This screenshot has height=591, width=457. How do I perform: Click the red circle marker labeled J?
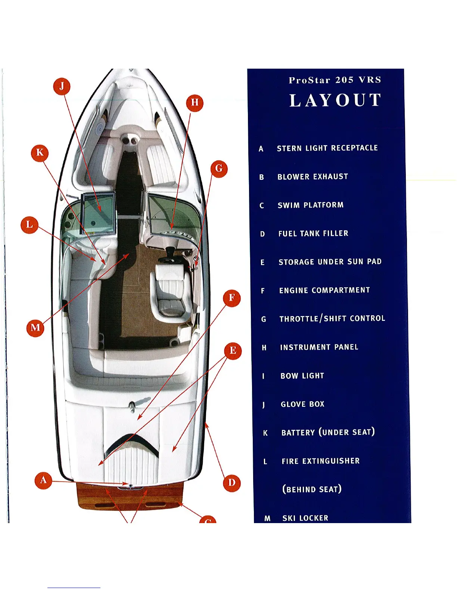62,87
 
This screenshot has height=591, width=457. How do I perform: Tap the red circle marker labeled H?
195,103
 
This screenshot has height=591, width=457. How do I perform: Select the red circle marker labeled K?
40,153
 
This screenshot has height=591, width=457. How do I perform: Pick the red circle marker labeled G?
219,169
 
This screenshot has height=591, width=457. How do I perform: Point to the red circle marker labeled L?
29,225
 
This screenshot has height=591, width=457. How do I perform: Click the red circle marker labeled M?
35,328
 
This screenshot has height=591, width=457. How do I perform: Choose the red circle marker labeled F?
231,298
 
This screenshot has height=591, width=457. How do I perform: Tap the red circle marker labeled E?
233,351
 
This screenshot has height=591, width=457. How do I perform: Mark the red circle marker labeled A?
43,480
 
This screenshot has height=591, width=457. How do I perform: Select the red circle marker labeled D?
231,483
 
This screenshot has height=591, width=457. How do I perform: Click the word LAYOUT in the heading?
335,101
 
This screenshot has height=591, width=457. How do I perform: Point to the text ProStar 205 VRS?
335,80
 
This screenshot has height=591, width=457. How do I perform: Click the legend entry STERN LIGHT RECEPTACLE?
327,148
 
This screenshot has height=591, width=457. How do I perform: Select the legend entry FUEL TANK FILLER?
313,234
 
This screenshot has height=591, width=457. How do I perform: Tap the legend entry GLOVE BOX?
302,404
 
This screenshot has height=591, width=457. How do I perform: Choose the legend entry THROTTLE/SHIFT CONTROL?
332,319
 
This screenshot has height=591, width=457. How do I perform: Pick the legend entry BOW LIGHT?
302,376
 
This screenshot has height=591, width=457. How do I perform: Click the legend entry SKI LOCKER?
305,518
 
